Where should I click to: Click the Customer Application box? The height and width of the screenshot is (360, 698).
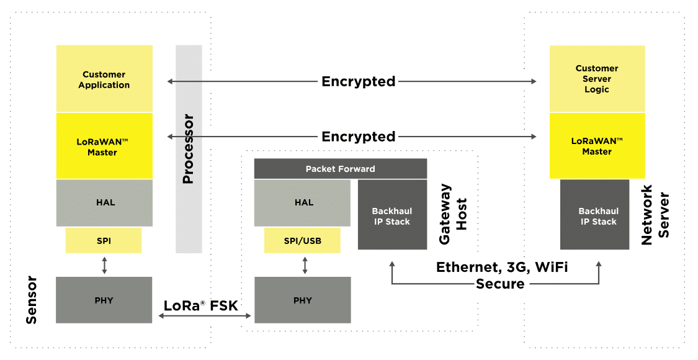[x=104, y=79]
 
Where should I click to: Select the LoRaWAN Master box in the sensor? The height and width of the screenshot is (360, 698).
[x=104, y=146]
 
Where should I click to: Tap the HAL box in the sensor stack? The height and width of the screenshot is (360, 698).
[x=104, y=203]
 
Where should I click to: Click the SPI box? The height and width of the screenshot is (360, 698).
[x=104, y=241]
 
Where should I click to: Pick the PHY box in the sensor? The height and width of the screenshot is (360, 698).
[x=104, y=300]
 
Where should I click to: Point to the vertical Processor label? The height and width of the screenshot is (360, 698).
[x=189, y=149]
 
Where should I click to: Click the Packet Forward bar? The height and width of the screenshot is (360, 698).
[x=340, y=169]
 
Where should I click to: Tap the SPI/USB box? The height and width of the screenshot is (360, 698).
[x=302, y=241]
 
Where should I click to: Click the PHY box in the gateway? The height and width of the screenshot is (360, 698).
[x=303, y=300]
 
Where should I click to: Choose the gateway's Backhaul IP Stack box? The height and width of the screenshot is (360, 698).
[x=392, y=215]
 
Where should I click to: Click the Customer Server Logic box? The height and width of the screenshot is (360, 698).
[x=597, y=79]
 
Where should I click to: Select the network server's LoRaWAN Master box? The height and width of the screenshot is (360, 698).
[x=597, y=146]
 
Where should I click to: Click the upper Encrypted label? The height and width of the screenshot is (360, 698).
[x=358, y=81]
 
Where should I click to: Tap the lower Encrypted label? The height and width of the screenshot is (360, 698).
[x=358, y=137]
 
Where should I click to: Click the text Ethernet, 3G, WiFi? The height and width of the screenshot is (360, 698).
[x=502, y=268]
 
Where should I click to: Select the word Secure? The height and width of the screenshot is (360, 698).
[x=500, y=284]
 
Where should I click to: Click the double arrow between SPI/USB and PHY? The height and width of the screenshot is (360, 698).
[x=304, y=266]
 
